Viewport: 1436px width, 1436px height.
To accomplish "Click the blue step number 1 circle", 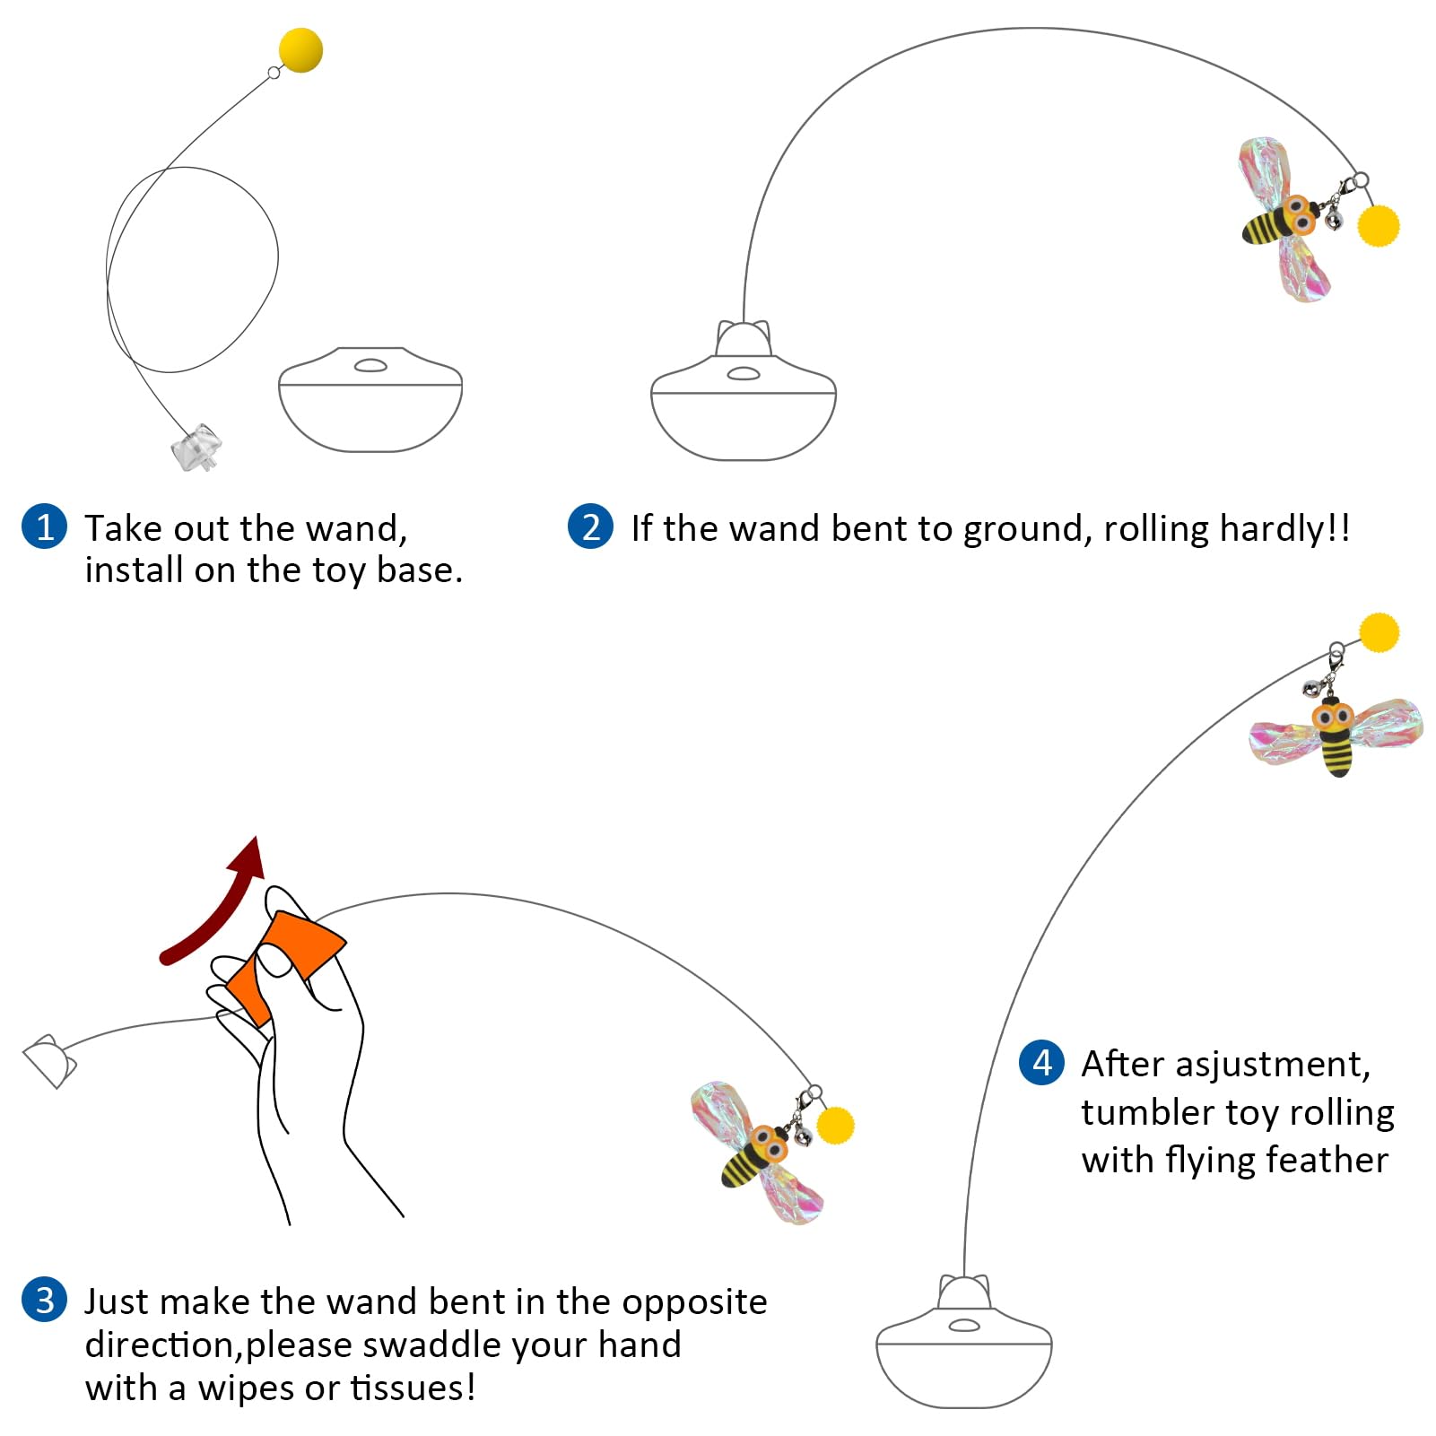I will [44, 527].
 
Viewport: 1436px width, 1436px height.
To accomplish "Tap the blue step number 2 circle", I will [590, 527].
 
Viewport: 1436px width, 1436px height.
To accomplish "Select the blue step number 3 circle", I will [44, 1300].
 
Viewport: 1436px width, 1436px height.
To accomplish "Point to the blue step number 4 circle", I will [1041, 1063].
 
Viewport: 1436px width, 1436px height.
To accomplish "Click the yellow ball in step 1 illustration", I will [300, 49].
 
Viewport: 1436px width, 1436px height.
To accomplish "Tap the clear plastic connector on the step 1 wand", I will [196, 447].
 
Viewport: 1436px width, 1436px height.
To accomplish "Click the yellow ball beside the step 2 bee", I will [1378, 225].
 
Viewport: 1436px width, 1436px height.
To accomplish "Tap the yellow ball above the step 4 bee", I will [1379, 632].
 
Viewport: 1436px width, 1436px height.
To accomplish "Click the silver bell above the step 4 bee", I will [1311, 688].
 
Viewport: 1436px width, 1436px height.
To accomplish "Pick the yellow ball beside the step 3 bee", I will [835, 1126].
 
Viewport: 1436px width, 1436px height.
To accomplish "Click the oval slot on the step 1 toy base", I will [370, 365].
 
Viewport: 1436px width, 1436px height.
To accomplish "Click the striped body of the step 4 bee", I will [1336, 753].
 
